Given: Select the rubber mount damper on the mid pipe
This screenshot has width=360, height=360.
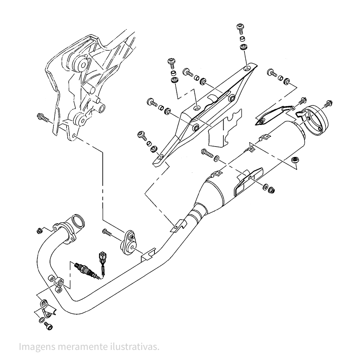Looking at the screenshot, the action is click(129, 243).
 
